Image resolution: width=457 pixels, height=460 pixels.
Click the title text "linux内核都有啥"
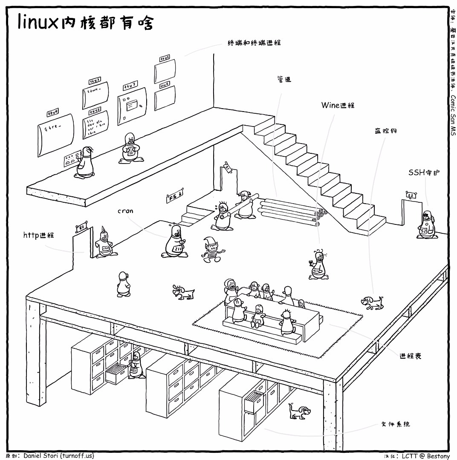pos(85,22)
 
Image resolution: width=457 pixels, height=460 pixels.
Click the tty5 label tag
pos(165,57)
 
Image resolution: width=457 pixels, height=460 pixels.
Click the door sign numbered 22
pos(411,195)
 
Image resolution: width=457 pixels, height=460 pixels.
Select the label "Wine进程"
pos(338,105)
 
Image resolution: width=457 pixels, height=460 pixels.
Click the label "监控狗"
pos(382,131)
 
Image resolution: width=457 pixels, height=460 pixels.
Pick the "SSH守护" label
pos(424,172)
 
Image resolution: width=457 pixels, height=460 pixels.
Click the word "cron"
pos(125,211)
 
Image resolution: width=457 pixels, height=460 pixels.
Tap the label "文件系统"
pos(395,424)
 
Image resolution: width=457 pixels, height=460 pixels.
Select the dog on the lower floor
pos(299,411)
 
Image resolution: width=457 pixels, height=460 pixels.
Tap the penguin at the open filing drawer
pos(136,365)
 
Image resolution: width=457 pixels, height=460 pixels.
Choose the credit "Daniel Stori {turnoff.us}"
pos(58,455)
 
